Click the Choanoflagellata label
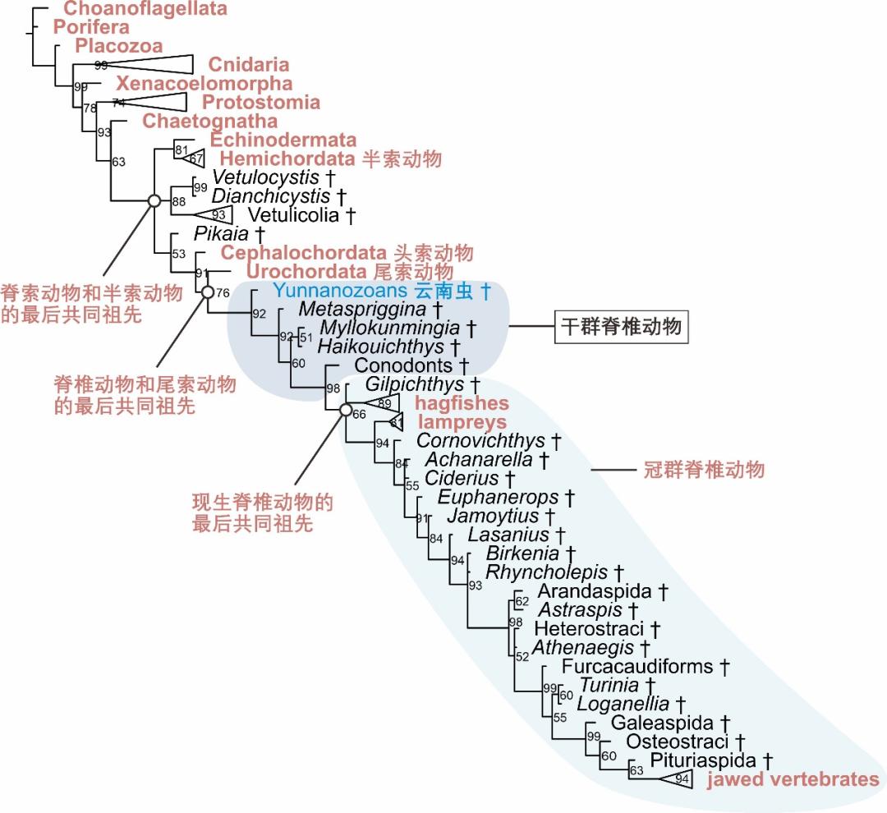(145, 10)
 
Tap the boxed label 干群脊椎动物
(621, 327)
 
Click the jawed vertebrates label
(793, 779)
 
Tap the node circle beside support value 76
(208, 292)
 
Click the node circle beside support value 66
(346, 411)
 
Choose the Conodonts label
(403, 365)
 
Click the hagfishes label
(462, 403)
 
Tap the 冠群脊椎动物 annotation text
(703, 470)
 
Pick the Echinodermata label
(283, 140)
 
